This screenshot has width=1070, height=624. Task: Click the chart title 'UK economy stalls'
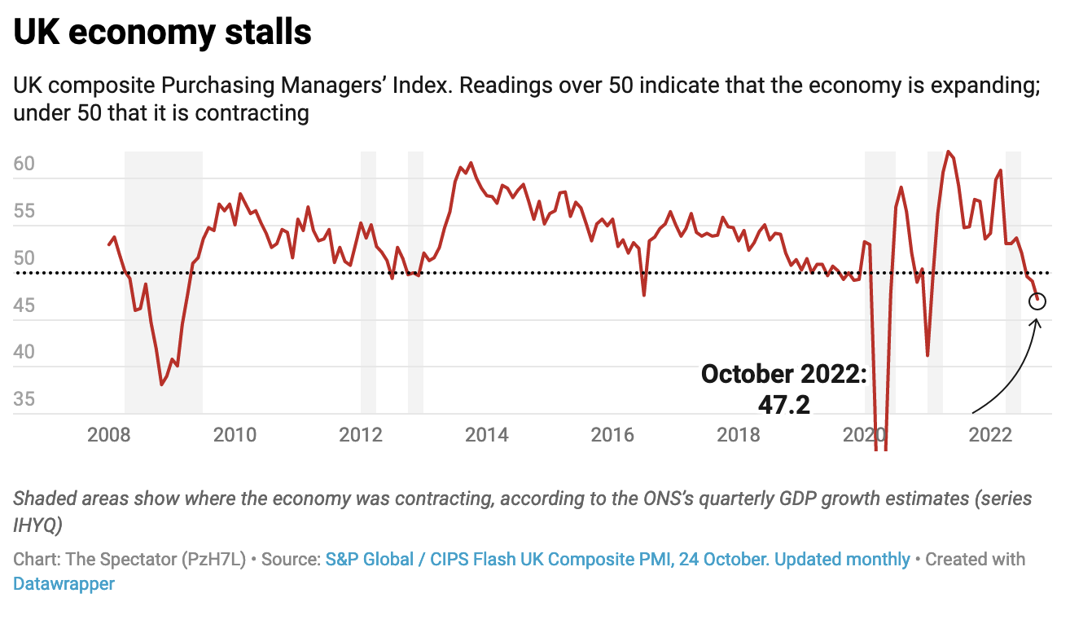pyautogui.click(x=162, y=32)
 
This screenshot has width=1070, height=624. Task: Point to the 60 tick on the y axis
pyautogui.click(x=24, y=165)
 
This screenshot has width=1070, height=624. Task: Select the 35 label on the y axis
pyautogui.click(x=24, y=400)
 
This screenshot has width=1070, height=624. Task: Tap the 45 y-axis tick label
pyautogui.click(x=24, y=306)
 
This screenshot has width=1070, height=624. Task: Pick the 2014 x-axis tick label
pyautogui.click(x=486, y=434)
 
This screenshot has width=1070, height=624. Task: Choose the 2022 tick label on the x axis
pyautogui.click(x=990, y=434)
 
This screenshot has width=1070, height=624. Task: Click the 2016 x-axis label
pyautogui.click(x=612, y=434)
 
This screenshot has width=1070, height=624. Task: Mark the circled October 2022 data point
pyautogui.click(x=1037, y=301)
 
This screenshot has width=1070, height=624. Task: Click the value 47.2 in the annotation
pyautogui.click(x=784, y=404)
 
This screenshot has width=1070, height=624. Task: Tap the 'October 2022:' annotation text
pyautogui.click(x=784, y=374)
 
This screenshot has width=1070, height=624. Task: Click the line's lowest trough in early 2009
pyautogui.click(x=161, y=385)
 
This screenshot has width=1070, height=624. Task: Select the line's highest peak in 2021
pyautogui.click(x=948, y=152)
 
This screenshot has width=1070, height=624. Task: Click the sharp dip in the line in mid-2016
pyautogui.click(x=644, y=295)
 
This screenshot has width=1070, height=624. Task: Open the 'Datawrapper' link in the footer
pyautogui.click(x=64, y=584)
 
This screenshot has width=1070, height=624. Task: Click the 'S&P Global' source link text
pyautogui.click(x=375, y=560)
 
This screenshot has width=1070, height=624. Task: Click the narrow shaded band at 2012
pyautogui.click(x=368, y=281)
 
